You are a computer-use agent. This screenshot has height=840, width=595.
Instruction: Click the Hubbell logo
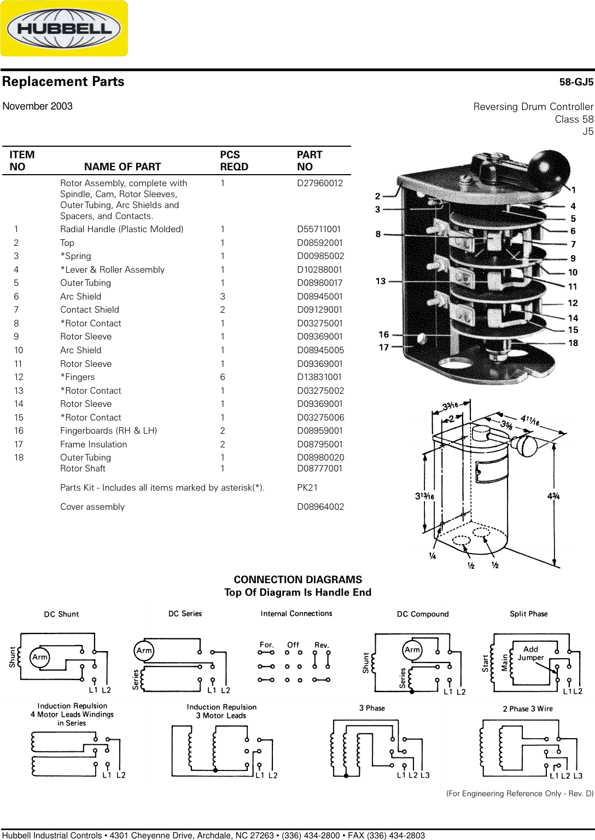pos(64,28)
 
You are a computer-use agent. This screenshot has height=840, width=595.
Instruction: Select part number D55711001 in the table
pos(319,229)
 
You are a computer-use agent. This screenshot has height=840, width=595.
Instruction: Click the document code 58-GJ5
pos(576,82)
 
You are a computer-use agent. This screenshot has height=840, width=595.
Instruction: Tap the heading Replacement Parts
pos(63,82)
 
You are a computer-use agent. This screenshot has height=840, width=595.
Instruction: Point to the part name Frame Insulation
pos(94,445)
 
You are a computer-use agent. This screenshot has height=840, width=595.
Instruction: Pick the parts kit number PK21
pos(307,488)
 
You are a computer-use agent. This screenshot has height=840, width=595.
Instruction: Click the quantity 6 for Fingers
pos(223,377)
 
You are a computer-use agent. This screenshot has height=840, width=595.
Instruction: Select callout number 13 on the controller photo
pos(381,281)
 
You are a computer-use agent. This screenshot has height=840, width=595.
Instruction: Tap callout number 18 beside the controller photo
pos(573,343)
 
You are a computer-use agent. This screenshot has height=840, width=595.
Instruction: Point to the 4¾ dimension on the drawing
pos(553,496)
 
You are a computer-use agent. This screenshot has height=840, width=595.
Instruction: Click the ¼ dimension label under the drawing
pos(432,556)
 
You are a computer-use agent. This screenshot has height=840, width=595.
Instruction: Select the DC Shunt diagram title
pos(61,614)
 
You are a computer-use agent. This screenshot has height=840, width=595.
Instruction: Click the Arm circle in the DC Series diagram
pos(144,651)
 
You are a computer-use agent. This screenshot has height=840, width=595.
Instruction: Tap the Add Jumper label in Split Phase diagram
pos(530,653)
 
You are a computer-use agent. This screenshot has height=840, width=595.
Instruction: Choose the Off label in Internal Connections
pos(293,645)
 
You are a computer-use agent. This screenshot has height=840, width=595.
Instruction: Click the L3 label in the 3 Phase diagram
pos(425,775)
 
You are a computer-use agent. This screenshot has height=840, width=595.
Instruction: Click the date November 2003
pos(38,106)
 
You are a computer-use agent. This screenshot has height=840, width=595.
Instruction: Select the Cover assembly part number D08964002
pos(320,507)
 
